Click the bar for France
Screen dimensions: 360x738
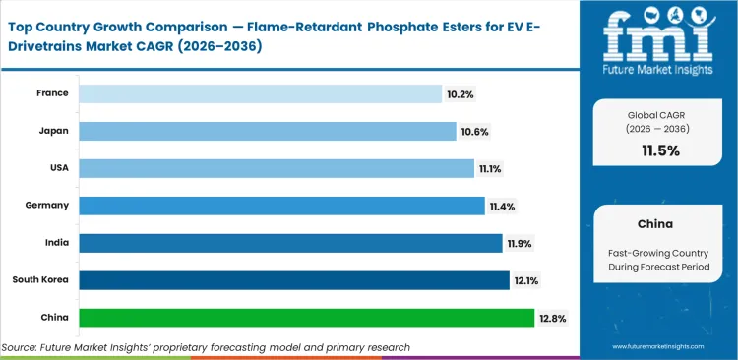point(260,93)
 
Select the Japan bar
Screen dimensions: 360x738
point(268,131)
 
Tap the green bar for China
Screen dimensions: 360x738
point(306,318)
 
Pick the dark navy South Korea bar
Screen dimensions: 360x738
point(294,280)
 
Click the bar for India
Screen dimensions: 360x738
point(290,243)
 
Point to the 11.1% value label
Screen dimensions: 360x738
point(491,169)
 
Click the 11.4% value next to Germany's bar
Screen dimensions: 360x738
point(502,207)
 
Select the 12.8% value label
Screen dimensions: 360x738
point(551,318)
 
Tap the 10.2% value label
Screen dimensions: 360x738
point(459,94)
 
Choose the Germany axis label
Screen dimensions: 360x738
point(46,206)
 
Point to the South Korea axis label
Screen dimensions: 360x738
point(40,280)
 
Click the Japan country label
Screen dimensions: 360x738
point(53,131)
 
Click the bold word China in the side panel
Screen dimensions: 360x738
point(657,223)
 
